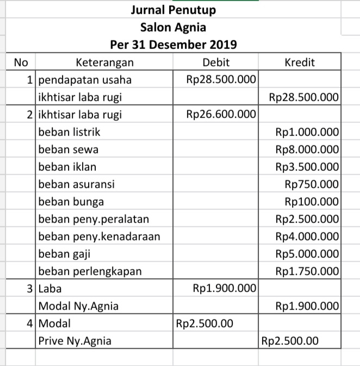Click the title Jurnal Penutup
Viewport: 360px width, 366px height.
[x=173, y=10]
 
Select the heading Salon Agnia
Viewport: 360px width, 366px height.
[x=173, y=27]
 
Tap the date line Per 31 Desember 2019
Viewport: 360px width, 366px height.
[x=173, y=44]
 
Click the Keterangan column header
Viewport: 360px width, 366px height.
[x=104, y=62]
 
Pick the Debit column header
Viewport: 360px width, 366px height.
[x=216, y=62]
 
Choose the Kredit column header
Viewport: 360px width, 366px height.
[x=300, y=62]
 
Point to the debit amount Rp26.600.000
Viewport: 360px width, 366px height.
[x=221, y=114]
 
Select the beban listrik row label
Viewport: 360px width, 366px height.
[x=69, y=132]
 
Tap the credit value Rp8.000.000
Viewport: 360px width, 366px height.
[x=307, y=149]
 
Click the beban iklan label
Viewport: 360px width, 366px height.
[x=67, y=166]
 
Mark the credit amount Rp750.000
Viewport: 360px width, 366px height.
[x=312, y=184]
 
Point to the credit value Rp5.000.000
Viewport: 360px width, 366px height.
[x=307, y=254]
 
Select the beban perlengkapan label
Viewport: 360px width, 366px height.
[x=89, y=271]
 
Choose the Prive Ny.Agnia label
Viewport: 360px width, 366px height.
[x=75, y=342]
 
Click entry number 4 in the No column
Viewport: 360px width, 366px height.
[x=31, y=324]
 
